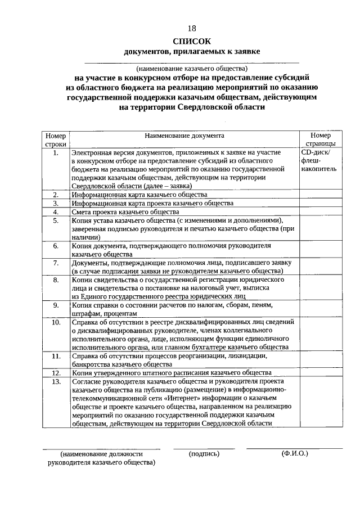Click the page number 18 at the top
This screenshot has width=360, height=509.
[x=192, y=28]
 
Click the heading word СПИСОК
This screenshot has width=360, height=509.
[x=192, y=40]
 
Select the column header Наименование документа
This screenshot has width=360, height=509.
[x=184, y=136]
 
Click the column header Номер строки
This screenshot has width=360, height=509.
[x=56, y=139]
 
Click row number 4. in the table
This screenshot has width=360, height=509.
[x=56, y=212]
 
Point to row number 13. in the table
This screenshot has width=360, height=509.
[x=56, y=381]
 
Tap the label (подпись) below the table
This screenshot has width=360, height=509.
[x=204, y=453]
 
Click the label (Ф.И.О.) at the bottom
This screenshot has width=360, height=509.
[x=295, y=453]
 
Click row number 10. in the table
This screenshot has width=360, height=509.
[x=56, y=322]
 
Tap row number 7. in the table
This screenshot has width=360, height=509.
[x=56, y=263]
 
